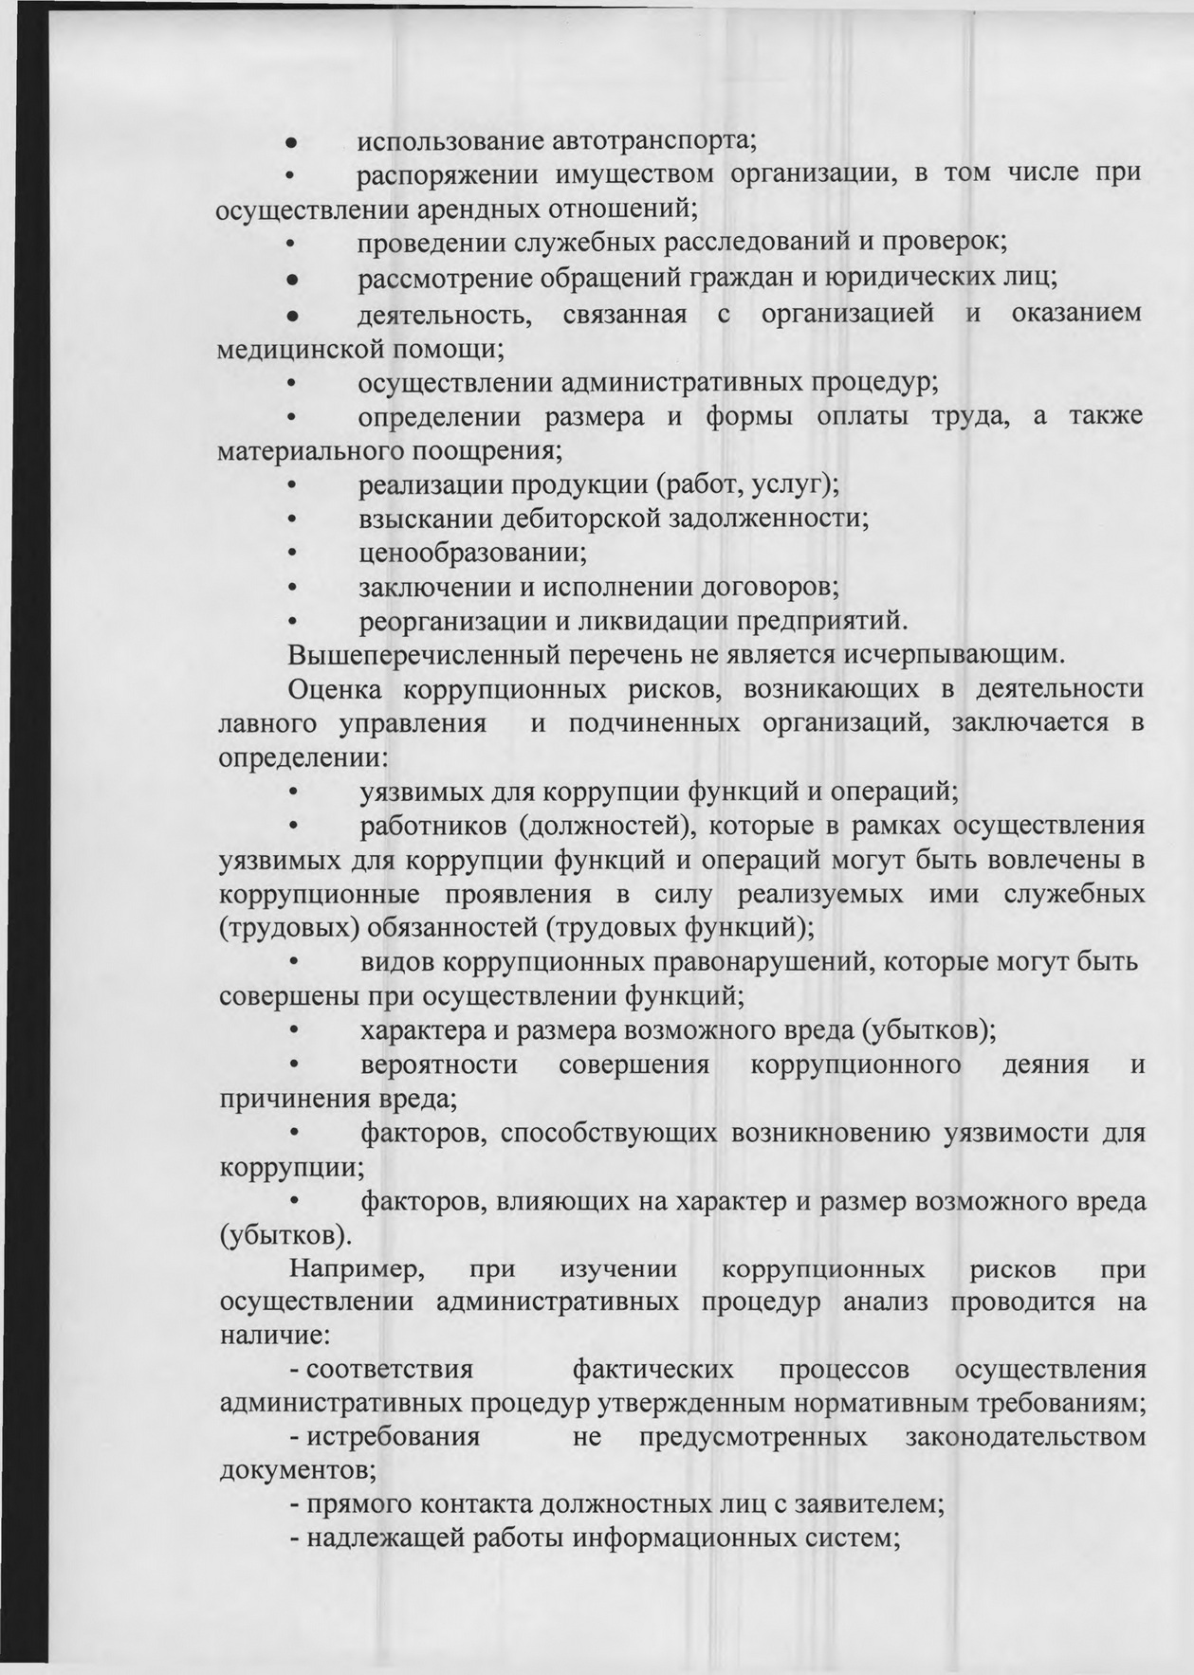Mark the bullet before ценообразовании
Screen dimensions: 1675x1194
[294, 553]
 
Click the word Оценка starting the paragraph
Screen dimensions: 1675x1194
[338, 689]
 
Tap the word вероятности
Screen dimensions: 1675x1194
[439, 1065]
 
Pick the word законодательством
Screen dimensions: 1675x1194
[1025, 1437]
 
